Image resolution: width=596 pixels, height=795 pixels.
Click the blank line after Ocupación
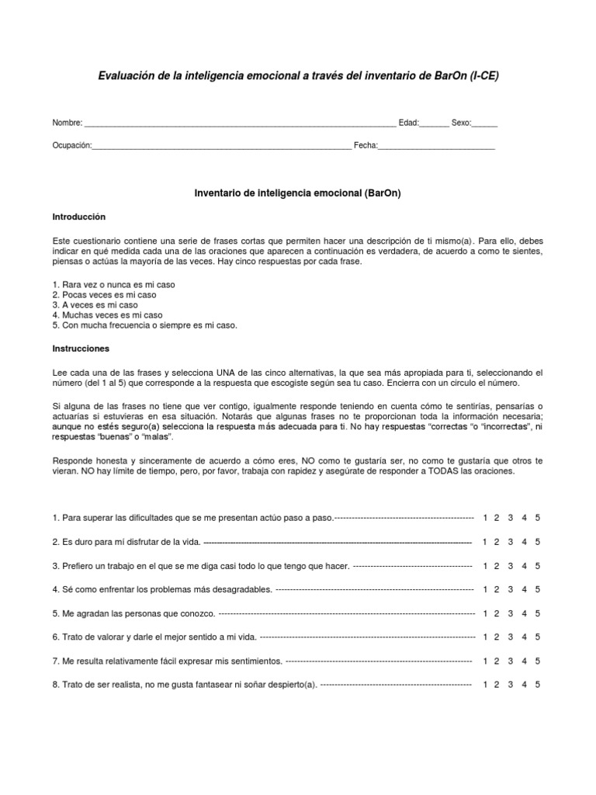[x=221, y=146]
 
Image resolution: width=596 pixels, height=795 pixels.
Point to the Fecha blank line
[x=436, y=146]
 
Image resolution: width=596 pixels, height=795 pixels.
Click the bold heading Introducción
[x=78, y=217]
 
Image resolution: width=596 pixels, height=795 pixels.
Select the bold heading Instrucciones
[x=81, y=349]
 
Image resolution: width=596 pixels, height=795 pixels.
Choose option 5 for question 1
[x=538, y=518]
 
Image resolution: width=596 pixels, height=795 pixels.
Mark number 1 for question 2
[x=485, y=542]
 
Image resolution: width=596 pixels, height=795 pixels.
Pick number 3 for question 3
[x=511, y=566]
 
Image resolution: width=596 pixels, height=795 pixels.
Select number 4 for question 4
[x=525, y=590]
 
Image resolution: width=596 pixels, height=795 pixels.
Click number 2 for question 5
[x=497, y=614]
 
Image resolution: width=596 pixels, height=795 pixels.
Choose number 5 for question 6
[x=538, y=637]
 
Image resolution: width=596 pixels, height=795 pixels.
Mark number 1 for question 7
[x=485, y=661]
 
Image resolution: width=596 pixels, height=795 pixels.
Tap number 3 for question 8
[x=511, y=686]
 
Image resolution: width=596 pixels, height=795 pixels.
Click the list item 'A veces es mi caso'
[x=95, y=305]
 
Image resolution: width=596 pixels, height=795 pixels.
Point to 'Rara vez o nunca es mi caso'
[x=113, y=285]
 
